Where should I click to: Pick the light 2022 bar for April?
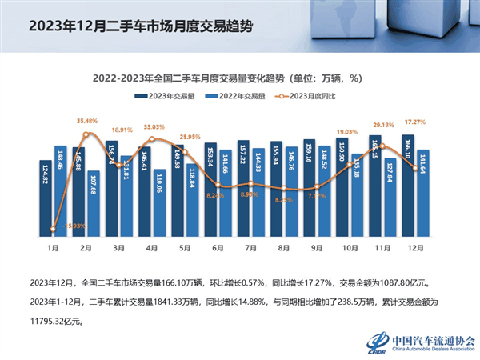(160, 205)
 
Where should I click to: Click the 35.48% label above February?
(88, 121)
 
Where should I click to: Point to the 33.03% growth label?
(154, 126)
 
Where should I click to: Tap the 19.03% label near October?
(347, 131)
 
